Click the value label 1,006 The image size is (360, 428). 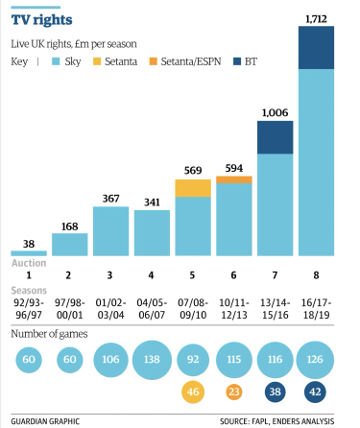(x=275, y=112)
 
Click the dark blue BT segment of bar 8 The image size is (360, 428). (x=317, y=48)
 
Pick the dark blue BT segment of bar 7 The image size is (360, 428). (x=275, y=137)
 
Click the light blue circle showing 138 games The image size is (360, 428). (x=151, y=359)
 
